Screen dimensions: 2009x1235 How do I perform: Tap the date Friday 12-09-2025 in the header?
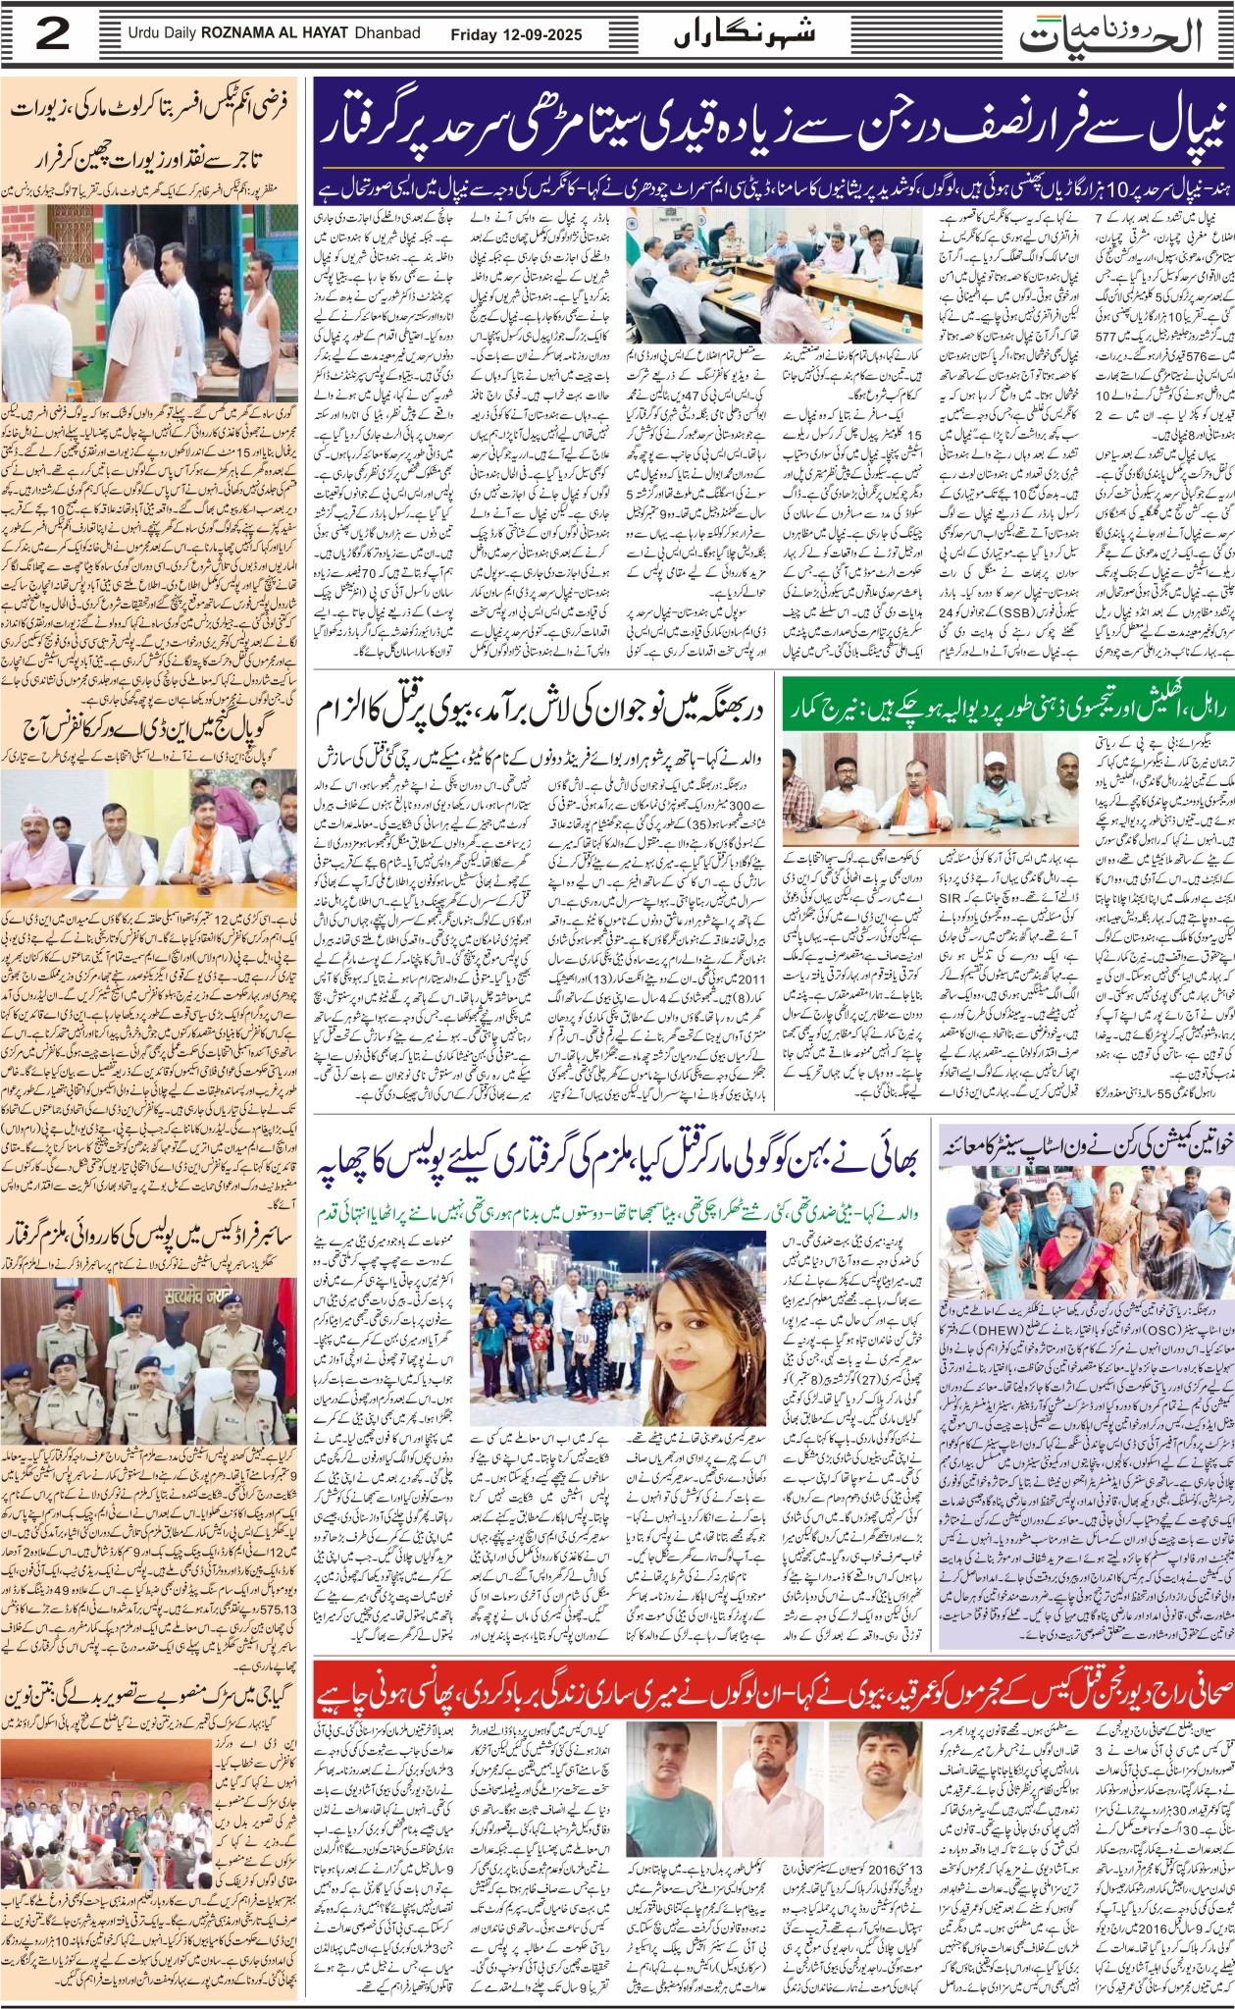coord(516,34)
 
